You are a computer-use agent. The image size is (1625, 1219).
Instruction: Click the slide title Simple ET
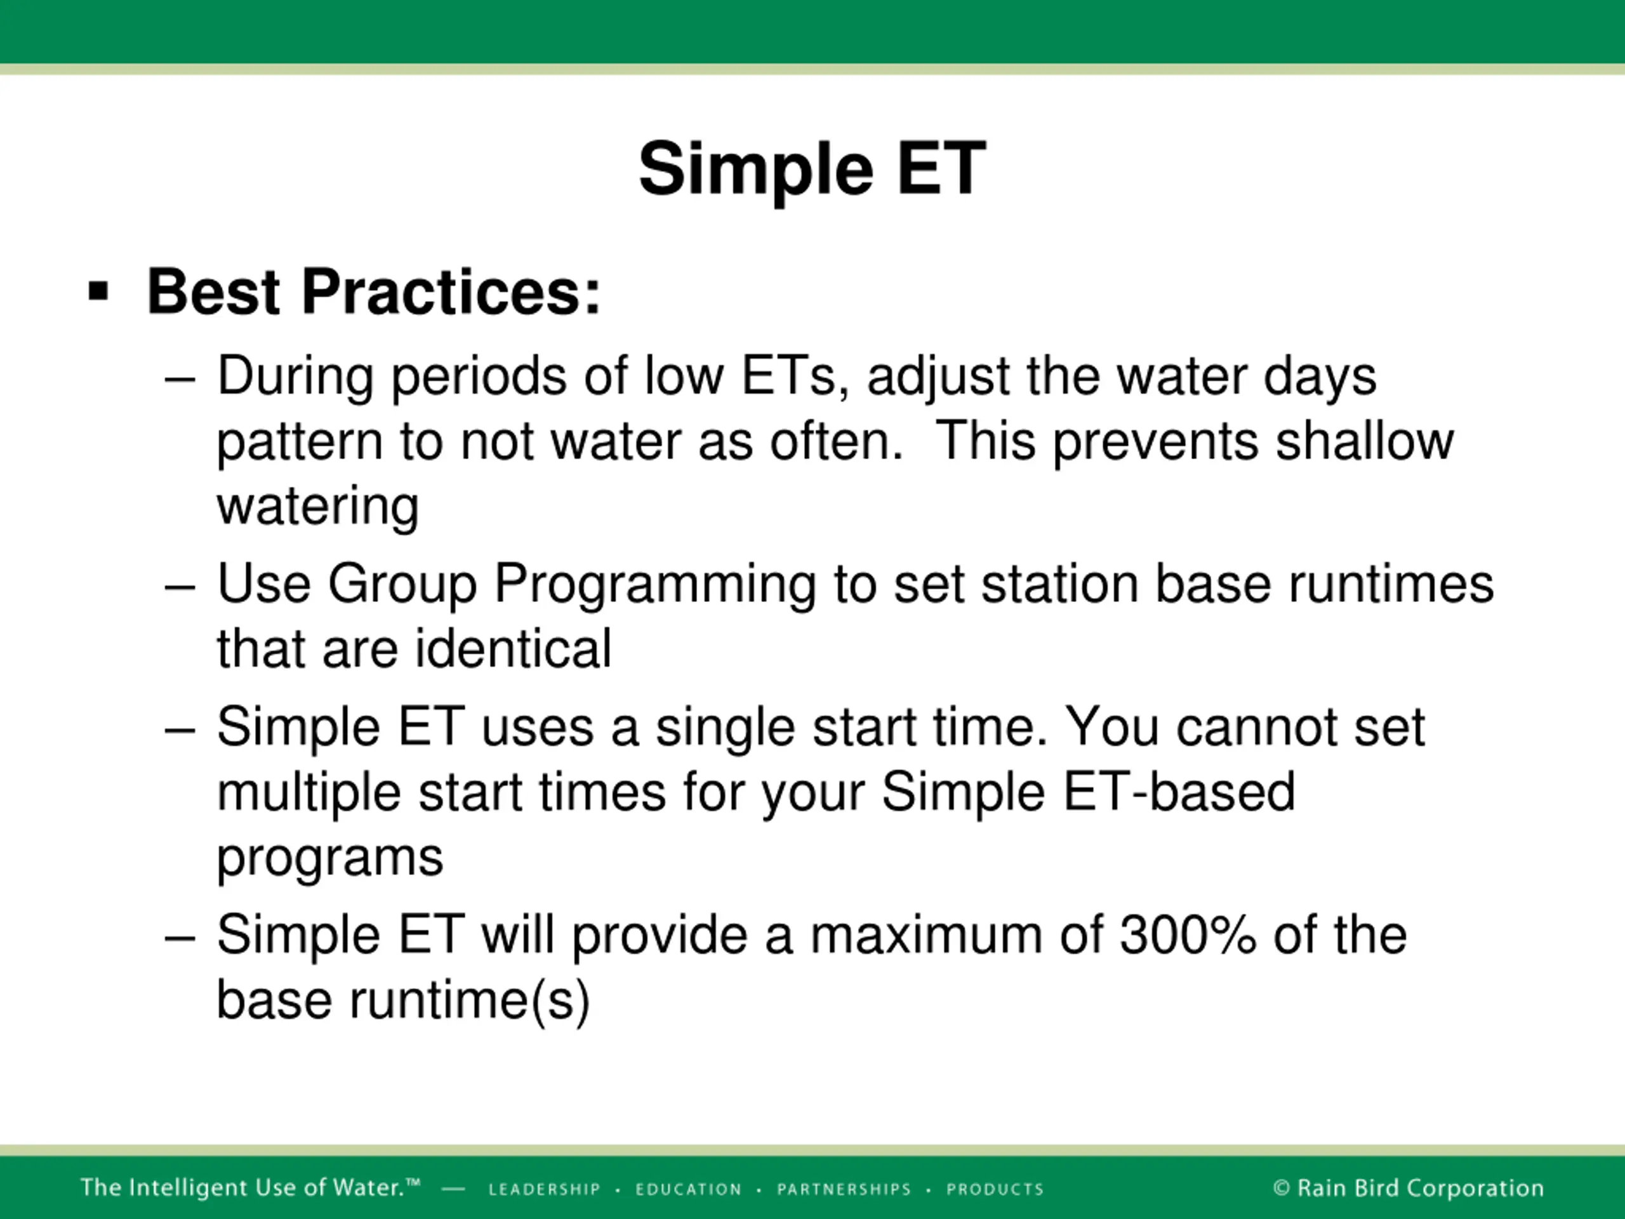(x=812, y=170)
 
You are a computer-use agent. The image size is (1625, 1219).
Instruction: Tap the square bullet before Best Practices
(x=98, y=291)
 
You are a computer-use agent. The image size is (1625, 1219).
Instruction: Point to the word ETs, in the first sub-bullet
(x=795, y=376)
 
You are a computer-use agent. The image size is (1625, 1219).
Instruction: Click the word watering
(x=318, y=507)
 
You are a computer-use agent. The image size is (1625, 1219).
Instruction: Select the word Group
(x=402, y=585)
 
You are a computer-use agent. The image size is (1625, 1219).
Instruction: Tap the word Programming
(x=655, y=585)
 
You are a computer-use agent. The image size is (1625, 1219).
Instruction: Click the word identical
(x=513, y=649)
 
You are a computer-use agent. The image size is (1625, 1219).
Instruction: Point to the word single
(x=725, y=728)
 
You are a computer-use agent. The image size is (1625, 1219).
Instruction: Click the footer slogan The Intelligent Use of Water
(x=249, y=1188)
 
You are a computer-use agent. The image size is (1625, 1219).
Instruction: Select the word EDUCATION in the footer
(x=688, y=1190)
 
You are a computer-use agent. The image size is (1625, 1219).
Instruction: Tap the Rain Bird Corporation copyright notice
(x=1409, y=1188)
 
